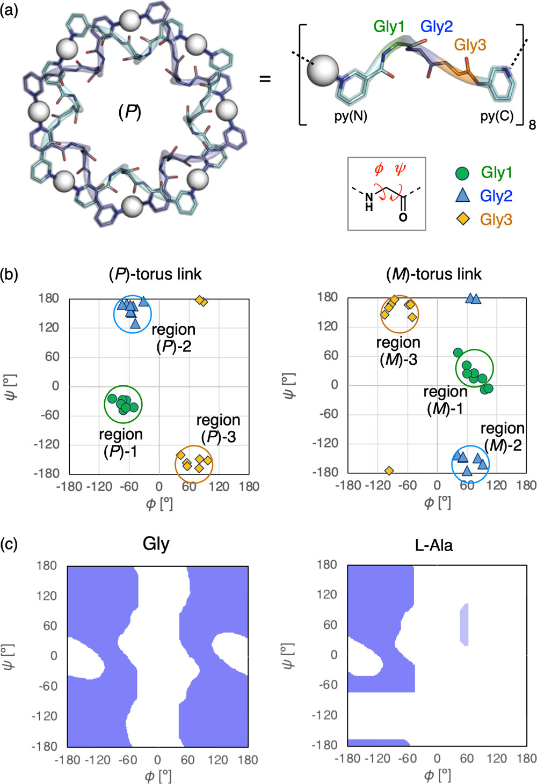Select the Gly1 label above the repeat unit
coord(389,27)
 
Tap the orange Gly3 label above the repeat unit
coord(470,45)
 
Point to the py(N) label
coord(351,116)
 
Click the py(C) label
coord(497,116)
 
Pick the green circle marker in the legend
coord(462,173)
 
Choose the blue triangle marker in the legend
coord(462,196)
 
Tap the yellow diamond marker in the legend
coord(462,219)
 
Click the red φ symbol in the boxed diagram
coord(379,170)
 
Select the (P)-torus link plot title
coord(155,274)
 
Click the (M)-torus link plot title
coord(434,274)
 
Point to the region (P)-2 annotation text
coord(173,338)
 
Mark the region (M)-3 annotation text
coord(398,351)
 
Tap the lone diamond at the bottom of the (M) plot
coord(389,471)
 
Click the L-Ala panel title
coord(434,546)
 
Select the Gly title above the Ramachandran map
coord(156,544)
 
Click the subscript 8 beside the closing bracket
coord(532,125)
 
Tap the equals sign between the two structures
coord(265,79)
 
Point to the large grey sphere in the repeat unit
coord(323,70)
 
